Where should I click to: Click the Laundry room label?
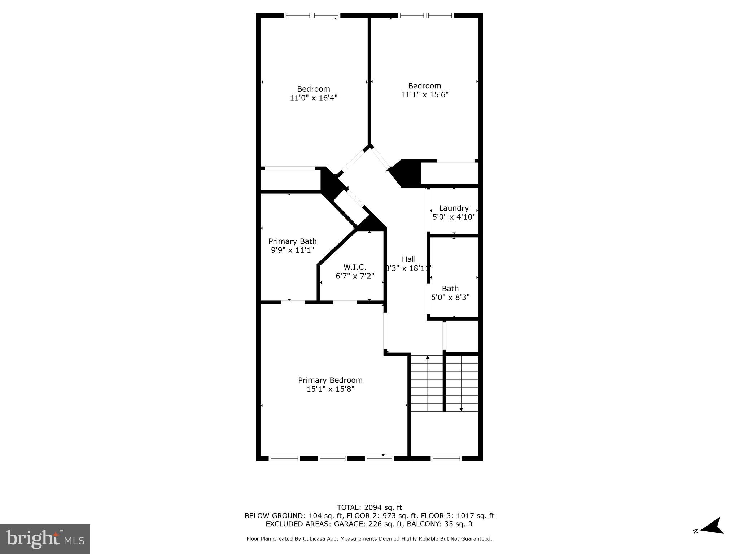(x=454, y=208)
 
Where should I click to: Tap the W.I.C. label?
(x=355, y=267)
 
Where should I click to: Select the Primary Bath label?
(x=292, y=241)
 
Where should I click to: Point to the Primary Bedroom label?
(x=330, y=380)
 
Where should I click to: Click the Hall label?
(x=408, y=259)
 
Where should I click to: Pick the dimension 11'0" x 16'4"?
(x=313, y=98)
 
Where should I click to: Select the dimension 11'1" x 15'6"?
(x=424, y=94)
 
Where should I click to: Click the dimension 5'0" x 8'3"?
(x=450, y=298)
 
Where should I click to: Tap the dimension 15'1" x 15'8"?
(x=330, y=389)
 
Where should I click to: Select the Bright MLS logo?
(x=45, y=539)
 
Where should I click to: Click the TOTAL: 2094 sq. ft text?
(x=369, y=507)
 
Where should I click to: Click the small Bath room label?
(x=450, y=289)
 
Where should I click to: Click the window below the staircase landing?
(x=446, y=458)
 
